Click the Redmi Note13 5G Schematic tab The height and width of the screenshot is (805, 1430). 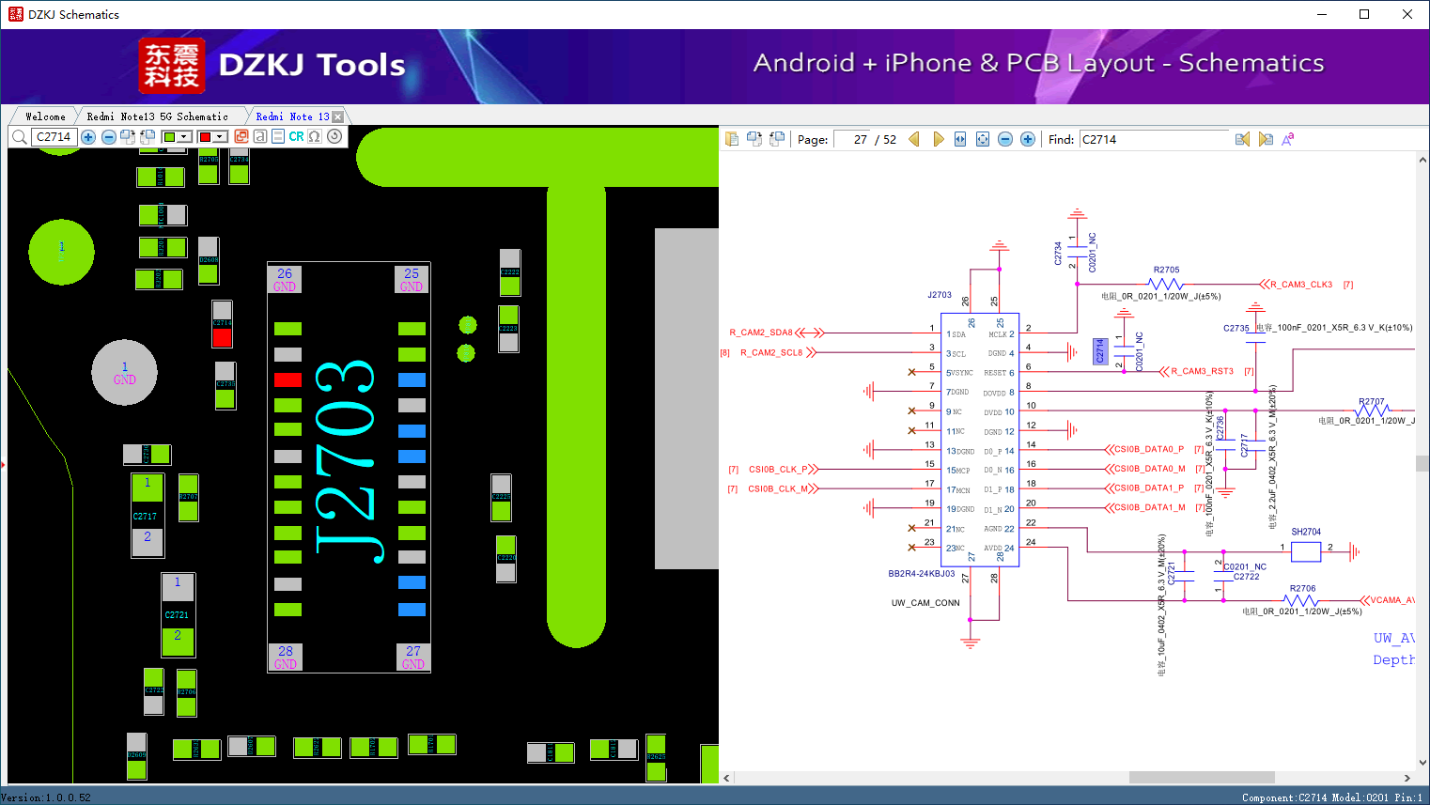(x=157, y=116)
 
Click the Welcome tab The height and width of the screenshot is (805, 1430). (x=45, y=116)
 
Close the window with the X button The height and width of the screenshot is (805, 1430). (x=1407, y=14)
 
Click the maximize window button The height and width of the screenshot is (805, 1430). (x=1364, y=14)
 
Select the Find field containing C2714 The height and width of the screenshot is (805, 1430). (x=1153, y=139)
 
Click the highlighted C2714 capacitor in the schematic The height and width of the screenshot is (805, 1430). (x=1100, y=350)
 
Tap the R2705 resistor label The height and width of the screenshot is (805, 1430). (x=1166, y=270)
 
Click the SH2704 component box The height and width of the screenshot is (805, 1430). (x=1305, y=551)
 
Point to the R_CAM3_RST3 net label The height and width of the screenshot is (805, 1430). (x=1202, y=371)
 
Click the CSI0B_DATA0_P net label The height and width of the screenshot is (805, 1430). (x=1148, y=449)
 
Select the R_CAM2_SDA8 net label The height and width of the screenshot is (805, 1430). (x=761, y=333)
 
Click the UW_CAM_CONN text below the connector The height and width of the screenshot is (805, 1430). (x=925, y=603)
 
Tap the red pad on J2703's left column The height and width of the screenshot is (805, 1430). (x=288, y=379)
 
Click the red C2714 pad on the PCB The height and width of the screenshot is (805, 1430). (x=222, y=337)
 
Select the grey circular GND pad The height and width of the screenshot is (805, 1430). (x=124, y=373)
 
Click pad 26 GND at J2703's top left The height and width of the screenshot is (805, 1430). (x=285, y=279)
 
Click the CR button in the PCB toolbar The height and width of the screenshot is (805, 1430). (x=296, y=136)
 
